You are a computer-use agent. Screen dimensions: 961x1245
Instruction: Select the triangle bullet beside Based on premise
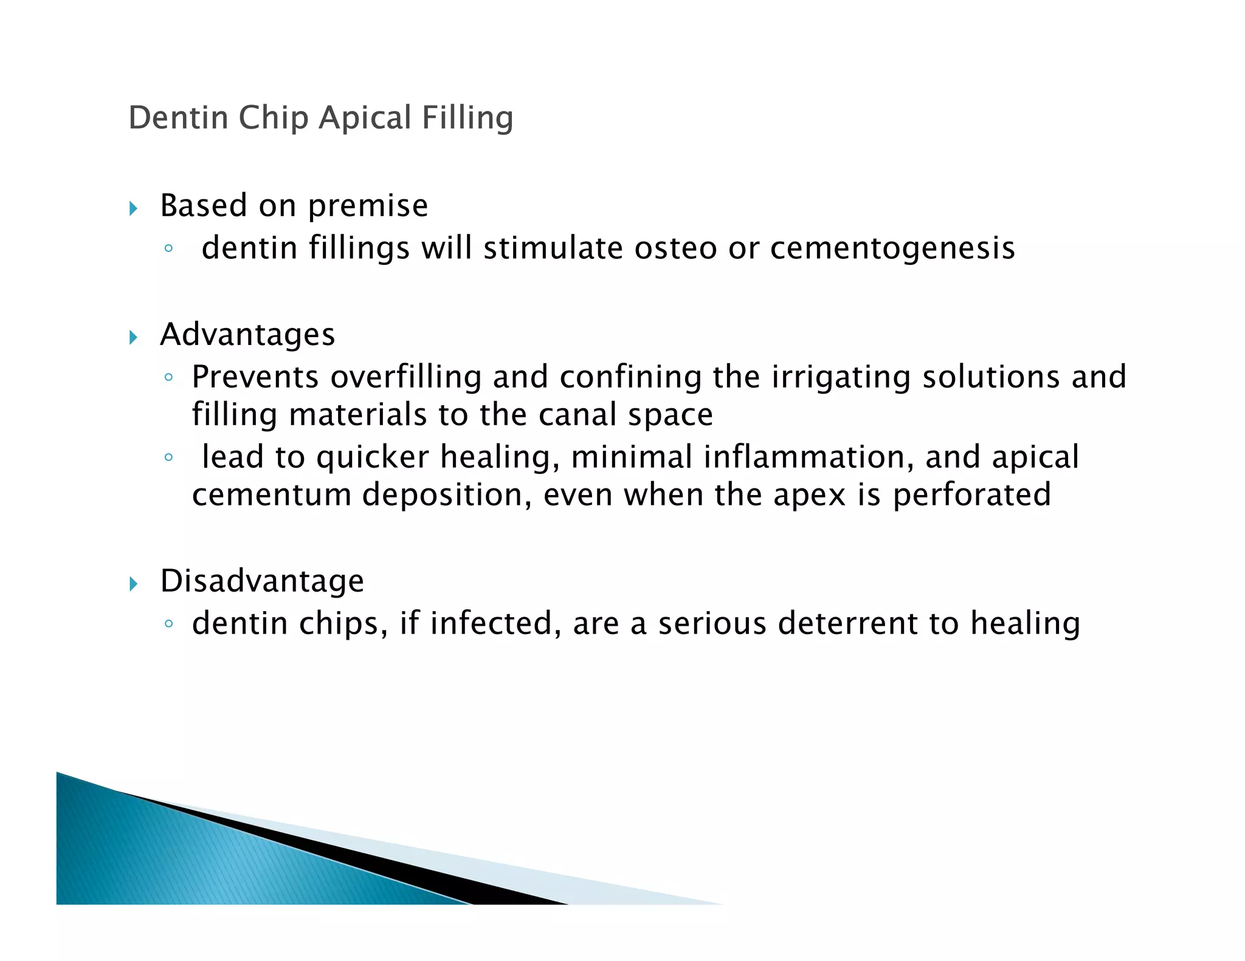[x=134, y=209]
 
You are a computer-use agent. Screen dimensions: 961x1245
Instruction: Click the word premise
[x=368, y=207]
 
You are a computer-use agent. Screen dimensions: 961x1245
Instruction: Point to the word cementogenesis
[x=892, y=249]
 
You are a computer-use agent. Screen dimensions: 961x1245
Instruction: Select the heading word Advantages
[x=247, y=335]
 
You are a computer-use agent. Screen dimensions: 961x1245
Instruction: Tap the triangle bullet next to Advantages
[x=134, y=337]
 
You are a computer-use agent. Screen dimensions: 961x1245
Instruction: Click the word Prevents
[x=255, y=377]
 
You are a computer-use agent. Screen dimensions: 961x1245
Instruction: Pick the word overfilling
[x=406, y=377]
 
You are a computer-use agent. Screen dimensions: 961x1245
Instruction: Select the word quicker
[x=373, y=457]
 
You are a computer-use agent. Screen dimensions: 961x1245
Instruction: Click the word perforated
[x=971, y=495]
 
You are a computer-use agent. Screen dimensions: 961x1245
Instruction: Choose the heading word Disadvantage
[x=262, y=581]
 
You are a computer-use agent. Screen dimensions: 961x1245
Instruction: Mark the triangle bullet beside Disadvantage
[x=134, y=584]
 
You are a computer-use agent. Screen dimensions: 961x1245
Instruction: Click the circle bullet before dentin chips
[x=169, y=624]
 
